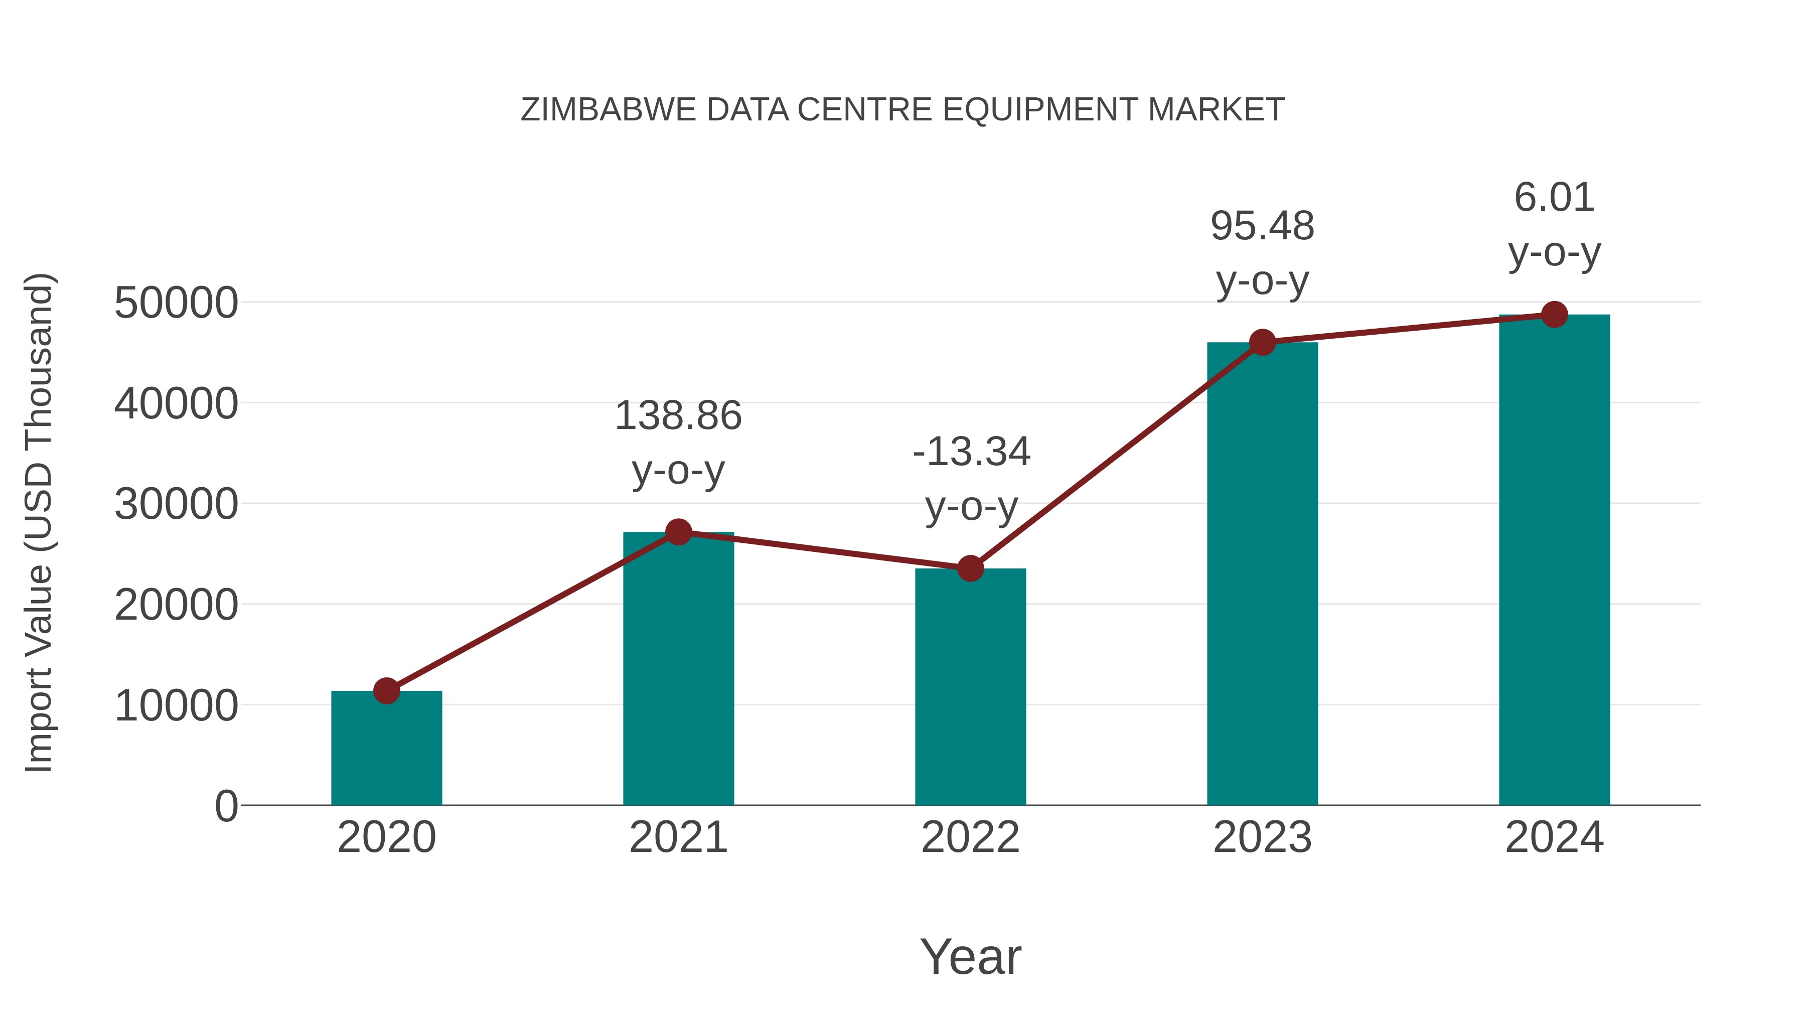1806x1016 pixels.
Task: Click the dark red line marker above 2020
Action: tap(386, 691)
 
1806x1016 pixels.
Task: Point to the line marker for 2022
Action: tap(970, 568)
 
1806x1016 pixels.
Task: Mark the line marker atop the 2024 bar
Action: tap(1554, 315)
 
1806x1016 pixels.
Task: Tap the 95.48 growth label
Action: tap(1262, 253)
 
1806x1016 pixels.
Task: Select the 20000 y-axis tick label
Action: tap(176, 605)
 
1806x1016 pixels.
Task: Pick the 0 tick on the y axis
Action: tap(226, 806)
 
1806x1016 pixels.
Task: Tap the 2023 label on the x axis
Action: tap(1262, 837)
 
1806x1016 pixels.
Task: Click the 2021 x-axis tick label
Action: tap(678, 837)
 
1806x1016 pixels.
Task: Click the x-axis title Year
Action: tap(970, 956)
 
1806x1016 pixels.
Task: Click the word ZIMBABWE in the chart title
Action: tap(608, 110)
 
